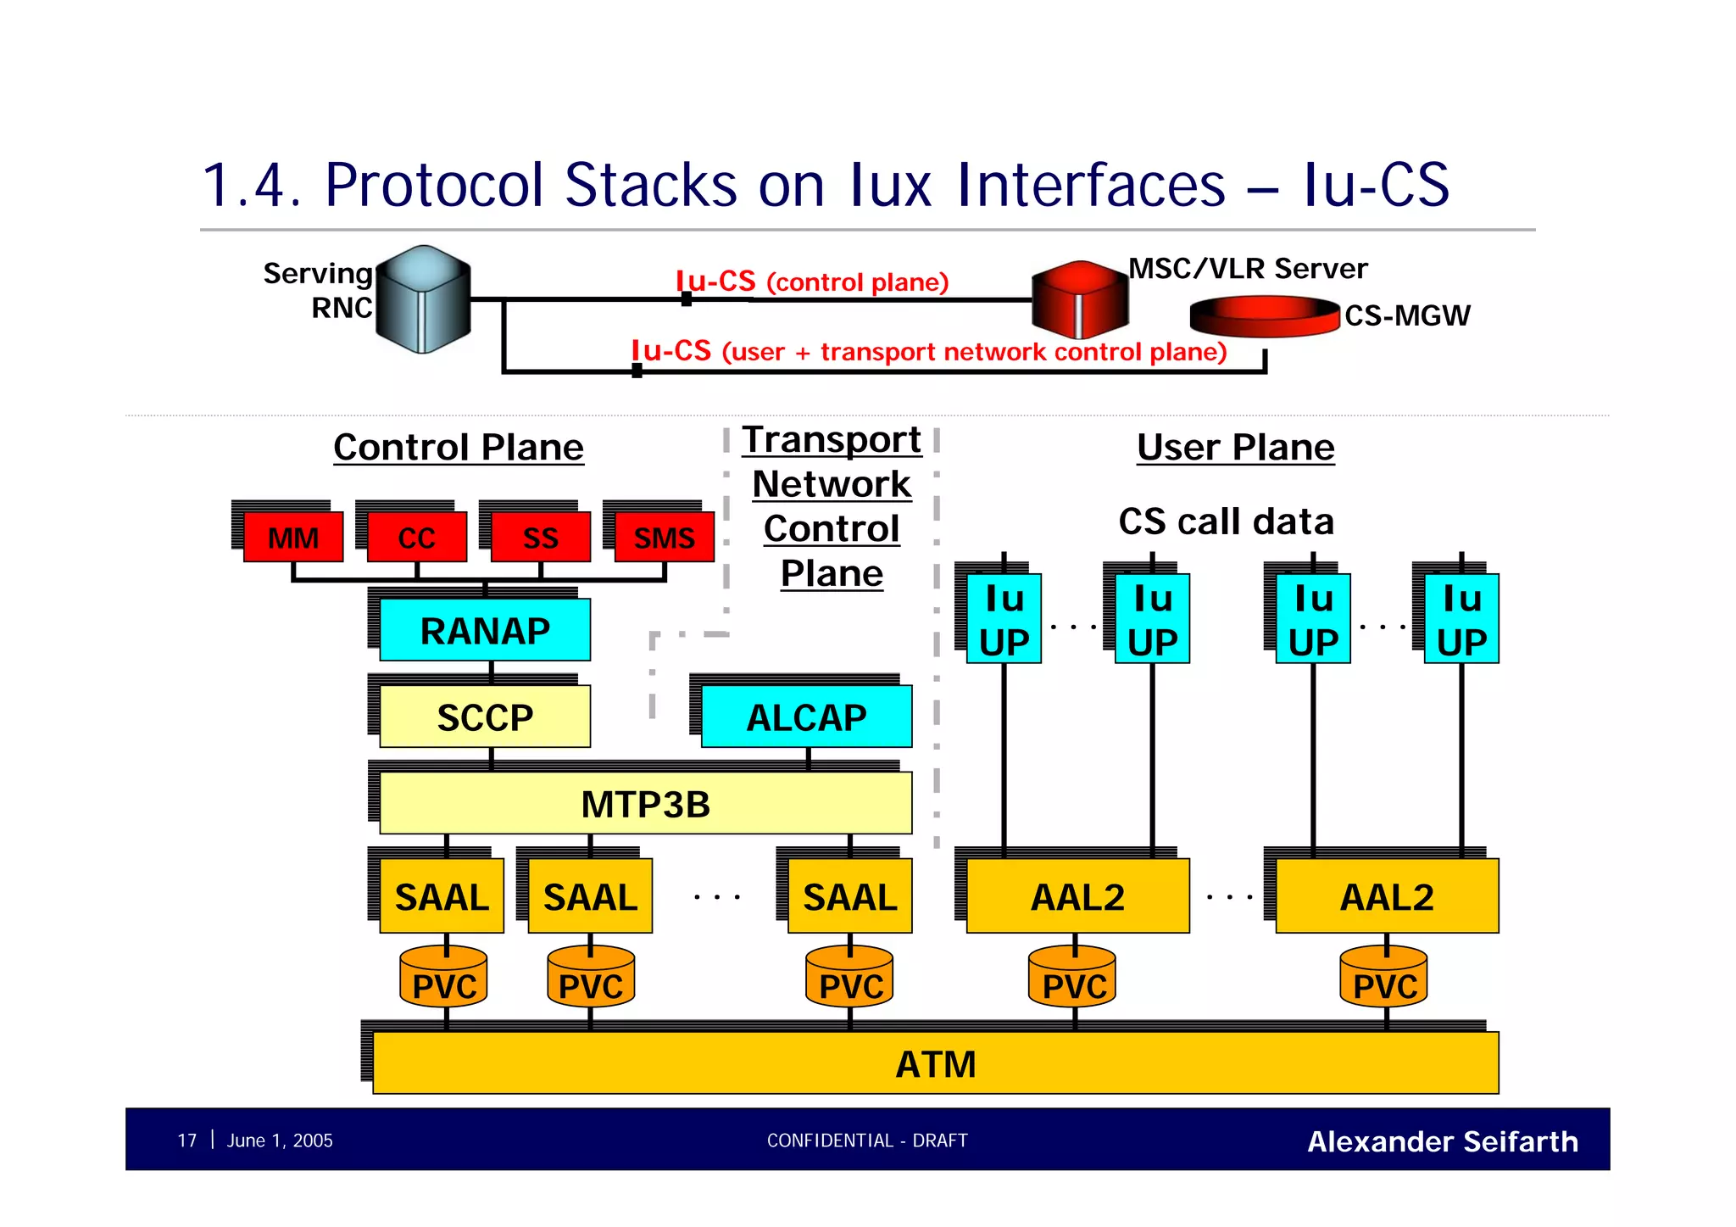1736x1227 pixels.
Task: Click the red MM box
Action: tap(293, 538)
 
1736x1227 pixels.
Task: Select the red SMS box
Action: tap(664, 538)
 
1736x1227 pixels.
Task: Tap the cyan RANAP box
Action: tap(485, 630)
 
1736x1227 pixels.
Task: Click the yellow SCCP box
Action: tap(485, 717)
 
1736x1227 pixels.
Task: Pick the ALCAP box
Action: tap(806, 717)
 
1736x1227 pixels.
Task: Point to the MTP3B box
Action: tap(645, 804)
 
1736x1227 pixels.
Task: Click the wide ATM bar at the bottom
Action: tap(935, 1063)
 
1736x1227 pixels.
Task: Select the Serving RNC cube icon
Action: tap(423, 299)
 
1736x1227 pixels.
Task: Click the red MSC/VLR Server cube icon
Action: tap(1079, 299)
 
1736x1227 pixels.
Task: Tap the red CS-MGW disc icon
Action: tap(1264, 316)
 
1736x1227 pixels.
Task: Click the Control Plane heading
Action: tap(459, 447)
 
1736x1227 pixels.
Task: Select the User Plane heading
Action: tap(1235, 447)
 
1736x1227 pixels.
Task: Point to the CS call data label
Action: tap(1226, 521)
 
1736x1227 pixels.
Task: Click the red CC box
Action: tap(416, 538)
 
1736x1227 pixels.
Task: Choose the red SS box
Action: tap(540, 538)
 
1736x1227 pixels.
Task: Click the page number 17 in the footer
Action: tap(186, 1141)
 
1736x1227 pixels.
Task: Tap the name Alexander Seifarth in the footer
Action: tap(1442, 1141)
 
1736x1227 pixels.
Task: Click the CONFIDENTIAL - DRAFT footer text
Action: tap(867, 1141)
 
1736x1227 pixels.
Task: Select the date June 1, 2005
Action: tap(280, 1141)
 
